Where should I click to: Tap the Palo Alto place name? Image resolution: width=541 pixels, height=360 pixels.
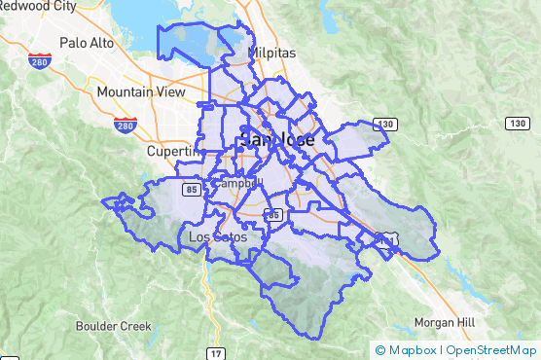point(87,43)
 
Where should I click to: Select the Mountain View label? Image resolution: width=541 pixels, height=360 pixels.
point(141,92)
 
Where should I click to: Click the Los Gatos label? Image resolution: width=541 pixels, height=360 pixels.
point(217,236)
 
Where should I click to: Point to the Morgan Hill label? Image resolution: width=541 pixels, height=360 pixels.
point(444,322)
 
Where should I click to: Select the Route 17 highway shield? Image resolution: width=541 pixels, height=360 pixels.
point(216,352)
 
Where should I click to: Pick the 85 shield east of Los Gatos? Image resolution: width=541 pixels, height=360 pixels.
point(274,214)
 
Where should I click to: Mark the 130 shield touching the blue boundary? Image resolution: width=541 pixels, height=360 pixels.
point(386,125)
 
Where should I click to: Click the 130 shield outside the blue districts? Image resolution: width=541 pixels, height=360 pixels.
point(517,124)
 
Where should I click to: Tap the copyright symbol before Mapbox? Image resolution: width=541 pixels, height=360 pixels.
point(380,350)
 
